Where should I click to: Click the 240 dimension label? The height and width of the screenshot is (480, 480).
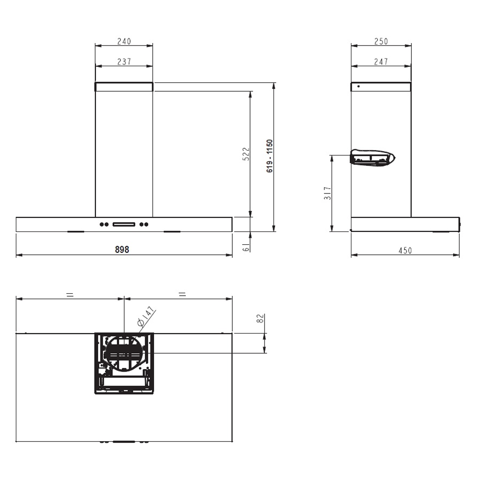(124, 41)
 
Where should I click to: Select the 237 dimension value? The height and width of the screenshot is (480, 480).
(124, 61)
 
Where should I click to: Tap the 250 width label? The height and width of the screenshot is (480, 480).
(381, 41)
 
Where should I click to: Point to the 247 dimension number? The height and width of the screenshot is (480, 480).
(381, 61)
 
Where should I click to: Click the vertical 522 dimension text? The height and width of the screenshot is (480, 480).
(246, 154)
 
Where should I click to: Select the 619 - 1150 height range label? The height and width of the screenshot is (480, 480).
(269, 156)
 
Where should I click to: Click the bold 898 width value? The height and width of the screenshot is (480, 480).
(122, 250)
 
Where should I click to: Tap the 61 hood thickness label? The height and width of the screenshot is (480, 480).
(246, 248)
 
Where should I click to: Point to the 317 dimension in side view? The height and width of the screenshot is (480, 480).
(327, 193)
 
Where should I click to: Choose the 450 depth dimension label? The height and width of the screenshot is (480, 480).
(405, 251)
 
